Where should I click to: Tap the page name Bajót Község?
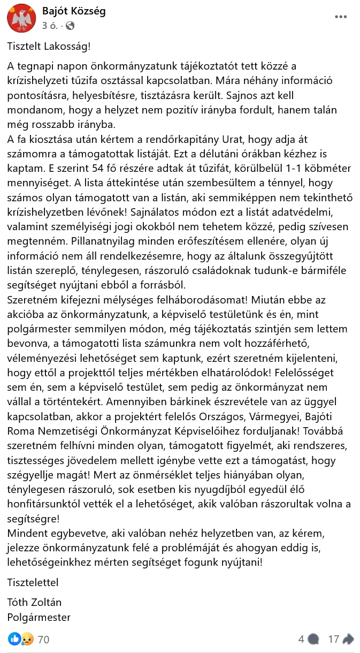74,11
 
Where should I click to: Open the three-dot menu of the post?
341,17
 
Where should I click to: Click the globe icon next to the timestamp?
70,25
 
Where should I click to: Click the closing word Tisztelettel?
33,582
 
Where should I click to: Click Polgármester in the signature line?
39,617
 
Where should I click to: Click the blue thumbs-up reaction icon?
14,639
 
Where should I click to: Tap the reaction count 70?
43,639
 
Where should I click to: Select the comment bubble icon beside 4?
314,639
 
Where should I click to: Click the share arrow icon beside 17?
348,639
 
